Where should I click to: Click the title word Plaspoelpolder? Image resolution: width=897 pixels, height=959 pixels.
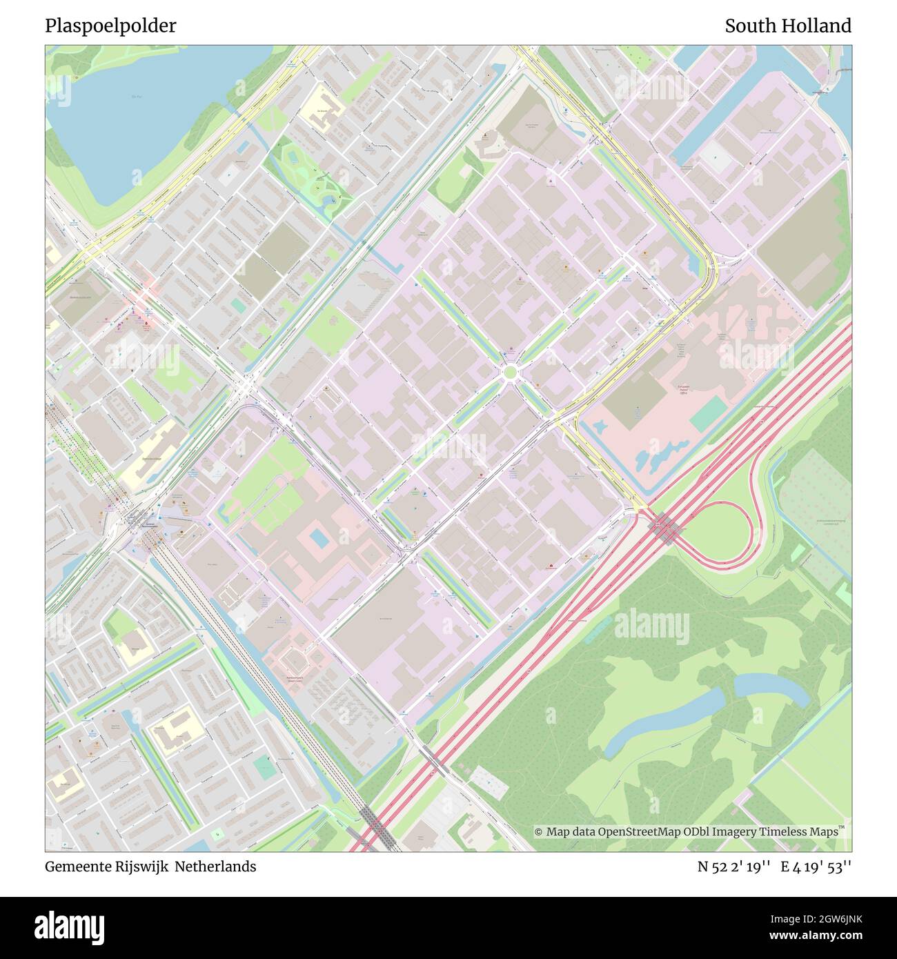pyautogui.click(x=110, y=26)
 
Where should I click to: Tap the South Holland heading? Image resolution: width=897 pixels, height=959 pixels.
pyautogui.click(x=787, y=26)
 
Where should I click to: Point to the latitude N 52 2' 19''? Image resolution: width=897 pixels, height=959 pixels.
pyautogui.click(x=733, y=867)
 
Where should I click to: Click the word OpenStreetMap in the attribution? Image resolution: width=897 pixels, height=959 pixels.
pyautogui.click(x=638, y=832)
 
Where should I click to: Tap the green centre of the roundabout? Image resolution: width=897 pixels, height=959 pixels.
pyautogui.click(x=510, y=373)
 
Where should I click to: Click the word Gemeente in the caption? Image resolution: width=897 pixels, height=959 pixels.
pyautogui.click(x=72, y=867)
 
